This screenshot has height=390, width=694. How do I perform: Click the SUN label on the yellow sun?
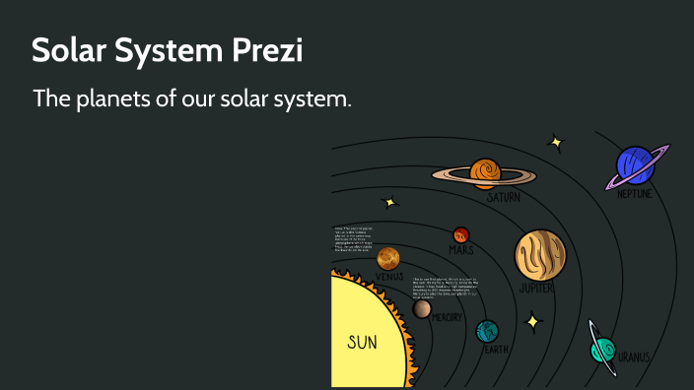point(362,343)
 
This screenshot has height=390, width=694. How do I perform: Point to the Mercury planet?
point(422,309)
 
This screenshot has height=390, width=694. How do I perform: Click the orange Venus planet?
point(387,258)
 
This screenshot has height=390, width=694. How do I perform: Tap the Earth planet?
point(487,331)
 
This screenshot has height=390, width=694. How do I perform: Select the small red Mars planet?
point(460,235)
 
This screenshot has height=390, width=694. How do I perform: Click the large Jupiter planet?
point(539,254)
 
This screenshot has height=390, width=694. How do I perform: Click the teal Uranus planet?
point(602,348)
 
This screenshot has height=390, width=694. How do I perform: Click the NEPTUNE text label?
point(634,194)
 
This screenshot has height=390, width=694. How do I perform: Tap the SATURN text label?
point(503,198)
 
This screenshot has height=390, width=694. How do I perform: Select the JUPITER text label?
point(536,289)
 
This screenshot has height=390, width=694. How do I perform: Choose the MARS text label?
point(460,250)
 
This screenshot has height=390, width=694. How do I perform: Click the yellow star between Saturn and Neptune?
point(556,143)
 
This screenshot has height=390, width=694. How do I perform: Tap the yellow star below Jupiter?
point(532,321)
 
